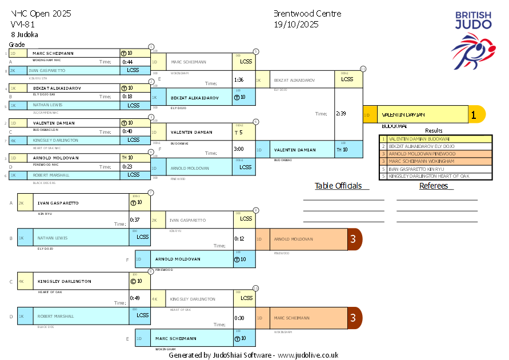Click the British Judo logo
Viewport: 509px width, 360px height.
pyautogui.click(x=473, y=39)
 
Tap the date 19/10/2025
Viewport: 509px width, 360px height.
pyautogui.click(x=296, y=24)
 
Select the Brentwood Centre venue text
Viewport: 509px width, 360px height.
pyautogui.click(x=307, y=14)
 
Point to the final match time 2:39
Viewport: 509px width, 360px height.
pyautogui.click(x=341, y=113)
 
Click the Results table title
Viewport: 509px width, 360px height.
pyautogui.click(x=434, y=131)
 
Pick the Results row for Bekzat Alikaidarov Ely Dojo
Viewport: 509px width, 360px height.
pyautogui.click(x=435, y=146)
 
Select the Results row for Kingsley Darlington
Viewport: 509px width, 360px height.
pyautogui.click(x=435, y=176)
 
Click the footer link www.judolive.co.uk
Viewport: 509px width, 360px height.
pyautogui.click(x=308, y=355)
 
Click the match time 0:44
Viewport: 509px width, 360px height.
pyautogui.click(x=127, y=62)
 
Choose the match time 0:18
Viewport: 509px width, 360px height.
pyautogui.click(x=127, y=97)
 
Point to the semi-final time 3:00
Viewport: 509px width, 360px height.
pyautogui.click(x=239, y=149)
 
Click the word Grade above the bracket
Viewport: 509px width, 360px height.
pyautogui.click(x=17, y=45)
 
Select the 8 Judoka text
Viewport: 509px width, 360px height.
pyautogui.click(x=25, y=34)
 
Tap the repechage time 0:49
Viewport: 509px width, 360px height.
pyautogui.click(x=135, y=298)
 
